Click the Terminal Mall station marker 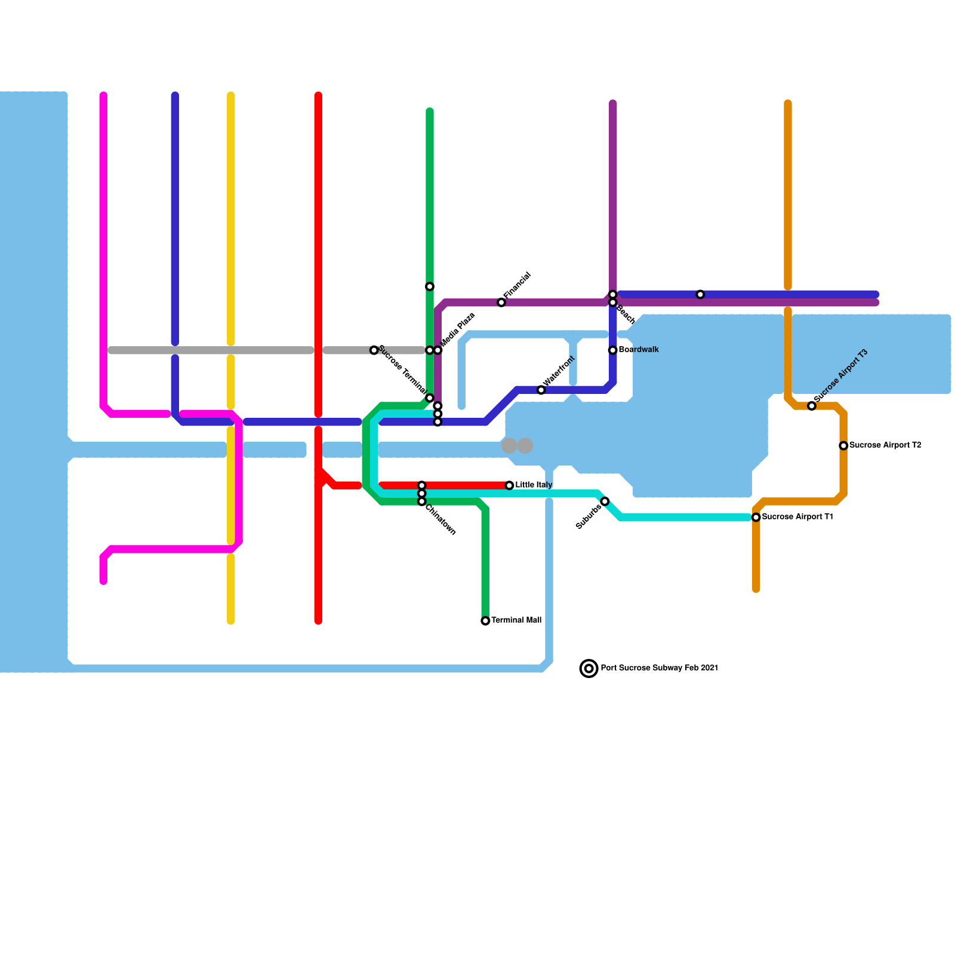[x=485, y=621]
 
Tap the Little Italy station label [x=534, y=485]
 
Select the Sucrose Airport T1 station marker [x=756, y=517]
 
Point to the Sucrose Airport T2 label [x=885, y=445]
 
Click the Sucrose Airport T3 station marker [x=812, y=406]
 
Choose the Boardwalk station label [x=639, y=350]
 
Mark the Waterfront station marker [x=541, y=390]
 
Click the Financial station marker [x=501, y=303]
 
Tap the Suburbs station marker [x=605, y=501]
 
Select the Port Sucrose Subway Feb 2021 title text [x=659, y=668]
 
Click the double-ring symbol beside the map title [x=589, y=668]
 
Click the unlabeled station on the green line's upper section [x=430, y=286]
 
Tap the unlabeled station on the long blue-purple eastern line [x=700, y=294]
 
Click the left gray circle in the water [x=509, y=445]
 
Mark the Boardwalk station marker [x=612, y=350]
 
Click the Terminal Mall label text [x=516, y=620]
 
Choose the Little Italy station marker [x=509, y=485]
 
